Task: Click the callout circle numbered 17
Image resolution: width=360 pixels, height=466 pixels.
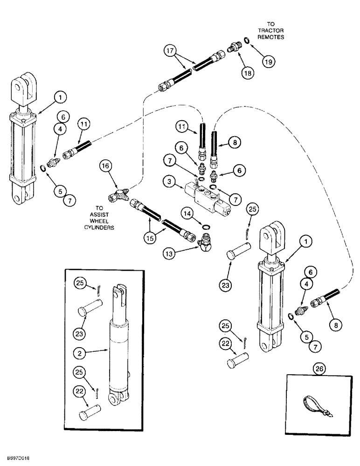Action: click(171, 50)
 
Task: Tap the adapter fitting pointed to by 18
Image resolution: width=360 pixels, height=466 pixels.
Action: click(233, 47)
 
